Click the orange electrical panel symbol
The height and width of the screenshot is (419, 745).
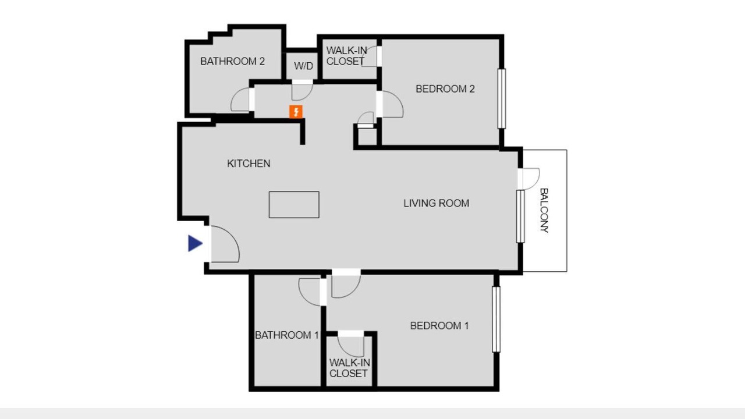[x=296, y=112]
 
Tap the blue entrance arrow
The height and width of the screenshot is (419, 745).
[x=195, y=243]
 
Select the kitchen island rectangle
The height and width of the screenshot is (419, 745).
[x=294, y=204]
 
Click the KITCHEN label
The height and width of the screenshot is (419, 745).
[x=249, y=164]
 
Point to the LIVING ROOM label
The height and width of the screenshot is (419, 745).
[x=436, y=203]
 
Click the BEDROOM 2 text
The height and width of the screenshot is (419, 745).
[x=445, y=89]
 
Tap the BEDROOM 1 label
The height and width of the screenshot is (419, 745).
[x=439, y=325]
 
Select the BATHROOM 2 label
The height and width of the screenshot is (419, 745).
[x=232, y=61]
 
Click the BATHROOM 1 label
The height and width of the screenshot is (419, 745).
[x=287, y=335]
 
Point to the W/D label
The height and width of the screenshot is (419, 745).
[x=303, y=66]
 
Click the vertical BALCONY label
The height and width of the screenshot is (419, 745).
[x=544, y=210]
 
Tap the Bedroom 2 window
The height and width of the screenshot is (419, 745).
[x=502, y=98]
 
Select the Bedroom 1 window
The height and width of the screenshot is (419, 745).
[x=496, y=319]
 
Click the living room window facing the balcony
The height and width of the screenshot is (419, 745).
[x=520, y=216]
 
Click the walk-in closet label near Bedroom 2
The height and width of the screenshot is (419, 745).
[x=346, y=56]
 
